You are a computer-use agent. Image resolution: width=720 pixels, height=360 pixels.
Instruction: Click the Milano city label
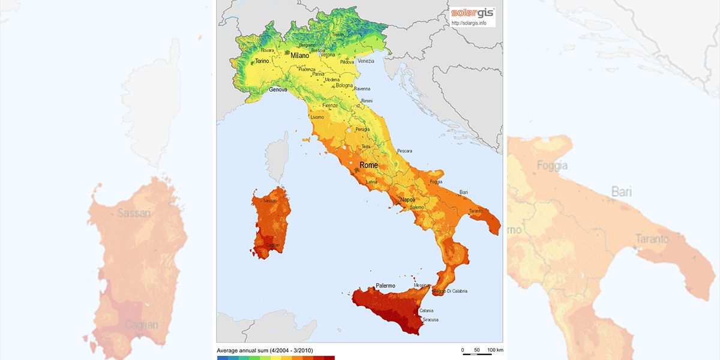pos(299,55)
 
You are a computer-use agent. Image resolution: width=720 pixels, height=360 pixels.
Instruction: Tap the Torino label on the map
pos(262,61)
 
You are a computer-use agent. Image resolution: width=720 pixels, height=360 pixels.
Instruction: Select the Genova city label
pos(278,89)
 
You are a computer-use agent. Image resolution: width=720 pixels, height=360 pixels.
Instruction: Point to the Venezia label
pos(365,61)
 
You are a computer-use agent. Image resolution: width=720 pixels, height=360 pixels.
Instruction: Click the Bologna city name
pos(344,85)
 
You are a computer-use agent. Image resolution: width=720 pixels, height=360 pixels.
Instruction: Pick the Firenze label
pos(331,106)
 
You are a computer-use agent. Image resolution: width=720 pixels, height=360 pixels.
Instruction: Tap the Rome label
pos(368,165)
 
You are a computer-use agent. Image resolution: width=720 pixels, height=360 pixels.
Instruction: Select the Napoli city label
pos(408,200)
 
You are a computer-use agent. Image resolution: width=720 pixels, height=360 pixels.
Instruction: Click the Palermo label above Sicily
pos(385,286)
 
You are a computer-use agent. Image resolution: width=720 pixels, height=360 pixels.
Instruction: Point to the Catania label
pos(426,311)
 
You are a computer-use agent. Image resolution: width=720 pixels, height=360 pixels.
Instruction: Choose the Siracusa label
pos(430,320)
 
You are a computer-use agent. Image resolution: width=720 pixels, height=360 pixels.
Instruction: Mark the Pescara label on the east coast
pos(404,151)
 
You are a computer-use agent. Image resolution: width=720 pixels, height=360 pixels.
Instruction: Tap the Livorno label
pos(317,118)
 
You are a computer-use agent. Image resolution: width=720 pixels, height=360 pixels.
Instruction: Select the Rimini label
pos(367,101)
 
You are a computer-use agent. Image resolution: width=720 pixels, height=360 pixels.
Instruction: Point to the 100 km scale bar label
pos(494,350)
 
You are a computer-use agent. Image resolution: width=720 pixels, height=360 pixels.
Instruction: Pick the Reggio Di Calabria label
pos(449,292)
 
